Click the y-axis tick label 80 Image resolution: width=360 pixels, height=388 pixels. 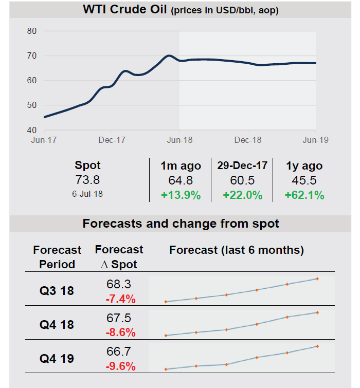(x=32, y=31)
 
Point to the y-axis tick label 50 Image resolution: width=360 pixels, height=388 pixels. (x=32, y=105)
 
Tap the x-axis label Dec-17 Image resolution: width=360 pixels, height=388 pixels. (x=112, y=140)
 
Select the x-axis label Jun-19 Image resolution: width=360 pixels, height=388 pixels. (x=315, y=140)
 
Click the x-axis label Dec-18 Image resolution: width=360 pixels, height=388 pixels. (x=248, y=140)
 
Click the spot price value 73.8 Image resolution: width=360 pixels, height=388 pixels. (x=87, y=180)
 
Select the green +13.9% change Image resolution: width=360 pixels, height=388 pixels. (x=180, y=195)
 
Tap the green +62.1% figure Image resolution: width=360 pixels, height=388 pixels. (x=304, y=195)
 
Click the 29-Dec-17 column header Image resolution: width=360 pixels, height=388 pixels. (x=242, y=166)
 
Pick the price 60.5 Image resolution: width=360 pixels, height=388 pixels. (x=242, y=181)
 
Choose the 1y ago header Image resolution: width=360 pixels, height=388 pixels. (x=304, y=166)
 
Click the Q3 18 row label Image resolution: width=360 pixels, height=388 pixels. (x=57, y=291)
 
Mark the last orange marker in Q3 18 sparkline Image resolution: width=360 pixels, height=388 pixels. (x=317, y=279)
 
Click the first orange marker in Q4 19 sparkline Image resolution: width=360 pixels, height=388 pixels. (x=166, y=369)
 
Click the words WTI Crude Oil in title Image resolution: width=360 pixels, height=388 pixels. (x=125, y=10)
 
